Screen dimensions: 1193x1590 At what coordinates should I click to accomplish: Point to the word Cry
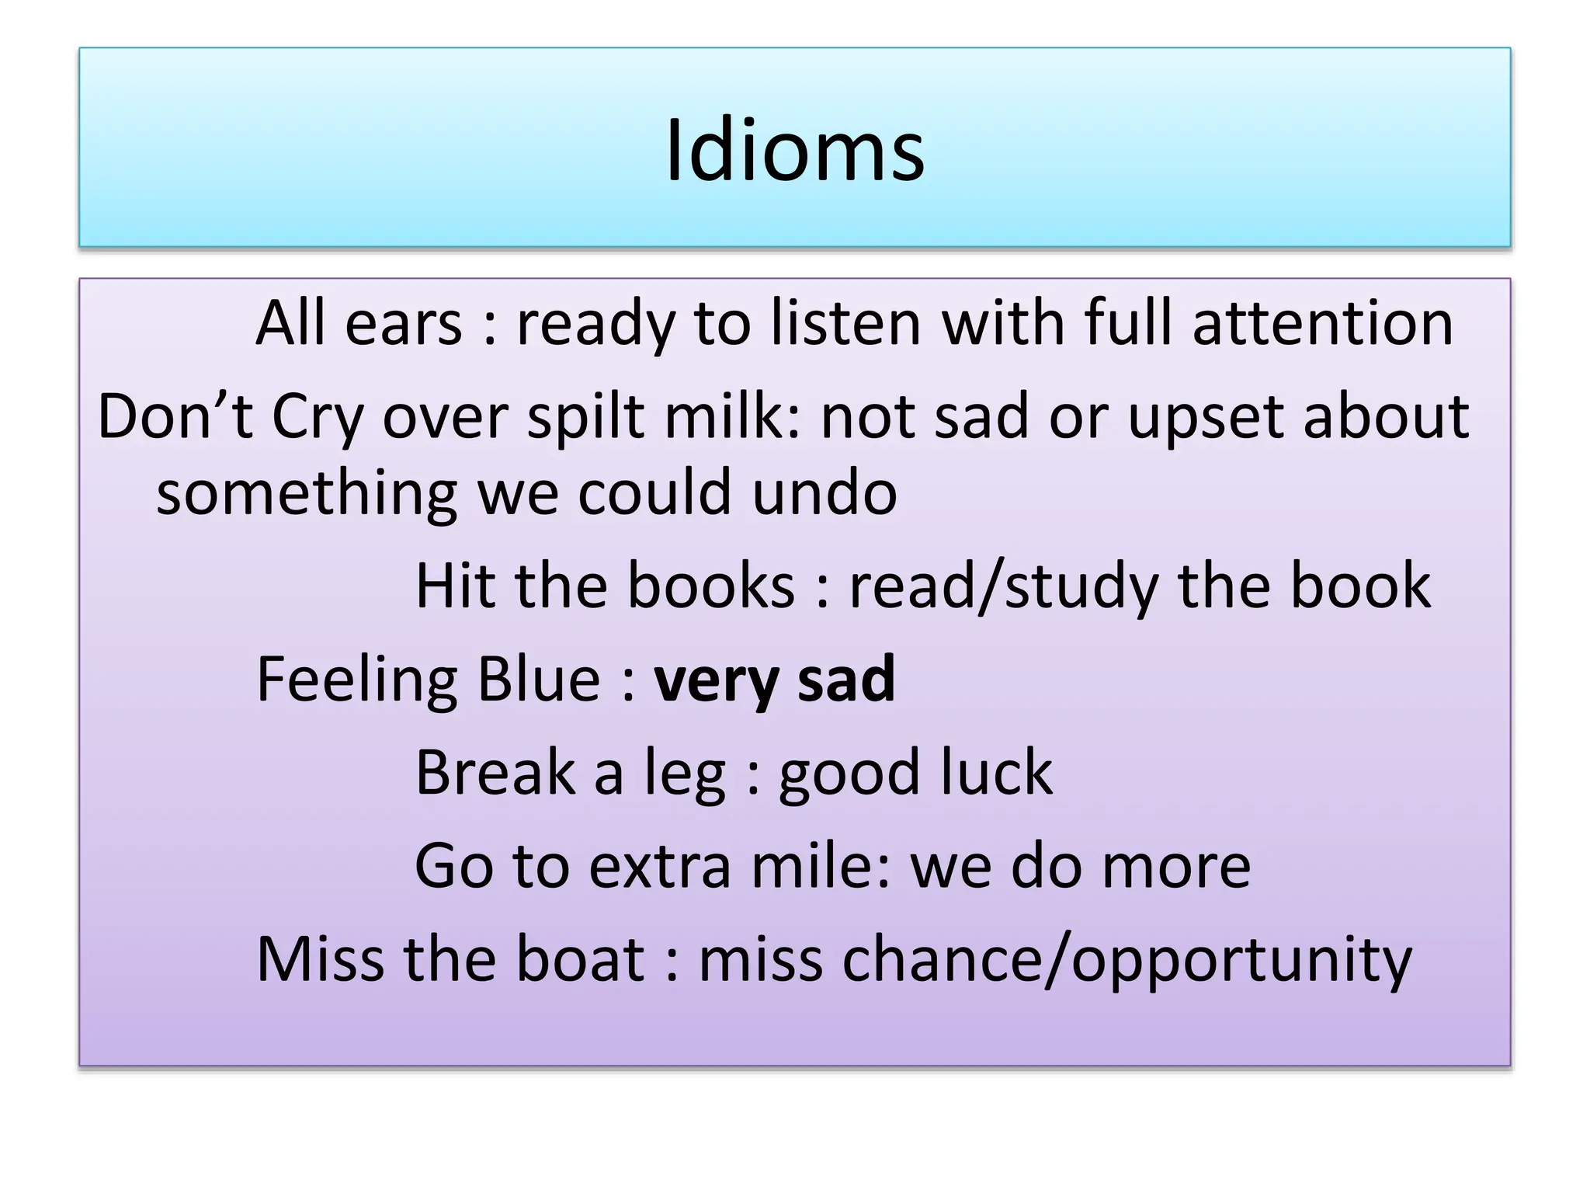pos(317,418)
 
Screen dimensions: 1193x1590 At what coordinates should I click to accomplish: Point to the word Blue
pos(538,679)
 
